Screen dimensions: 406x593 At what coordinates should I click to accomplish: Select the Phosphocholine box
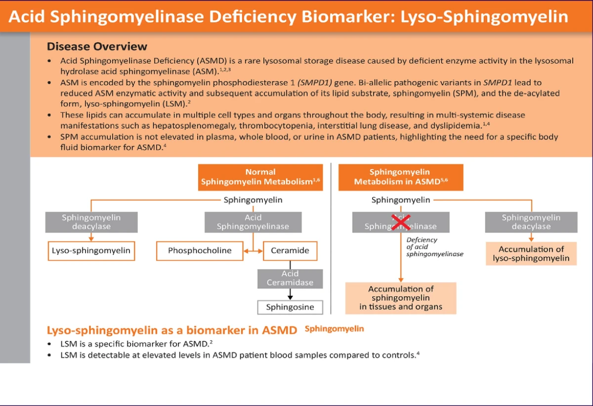(200, 251)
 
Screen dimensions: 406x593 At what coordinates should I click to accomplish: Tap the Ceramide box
(290, 251)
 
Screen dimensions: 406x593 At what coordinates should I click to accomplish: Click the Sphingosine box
(290, 307)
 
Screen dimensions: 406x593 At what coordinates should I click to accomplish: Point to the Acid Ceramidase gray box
(290, 278)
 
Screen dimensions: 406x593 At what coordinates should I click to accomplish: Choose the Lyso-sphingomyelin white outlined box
(91, 251)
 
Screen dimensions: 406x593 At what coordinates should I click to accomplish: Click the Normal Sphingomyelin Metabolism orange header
(260, 177)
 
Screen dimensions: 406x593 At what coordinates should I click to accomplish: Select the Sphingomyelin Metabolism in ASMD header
(400, 177)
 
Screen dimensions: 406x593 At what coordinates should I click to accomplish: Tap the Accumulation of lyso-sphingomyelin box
(531, 254)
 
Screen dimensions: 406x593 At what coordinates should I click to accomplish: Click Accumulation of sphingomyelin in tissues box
(400, 298)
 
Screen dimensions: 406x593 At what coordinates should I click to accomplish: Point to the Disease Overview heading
(97, 46)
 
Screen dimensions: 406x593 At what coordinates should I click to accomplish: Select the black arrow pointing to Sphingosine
(290, 295)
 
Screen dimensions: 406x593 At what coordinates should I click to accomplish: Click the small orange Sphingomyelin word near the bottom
(334, 329)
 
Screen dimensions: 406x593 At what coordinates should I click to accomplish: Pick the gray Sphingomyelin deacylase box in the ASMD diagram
(531, 222)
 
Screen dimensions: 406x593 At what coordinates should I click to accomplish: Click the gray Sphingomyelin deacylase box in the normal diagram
(91, 222)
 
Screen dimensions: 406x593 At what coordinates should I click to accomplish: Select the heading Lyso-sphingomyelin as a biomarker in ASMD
(172, 330)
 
